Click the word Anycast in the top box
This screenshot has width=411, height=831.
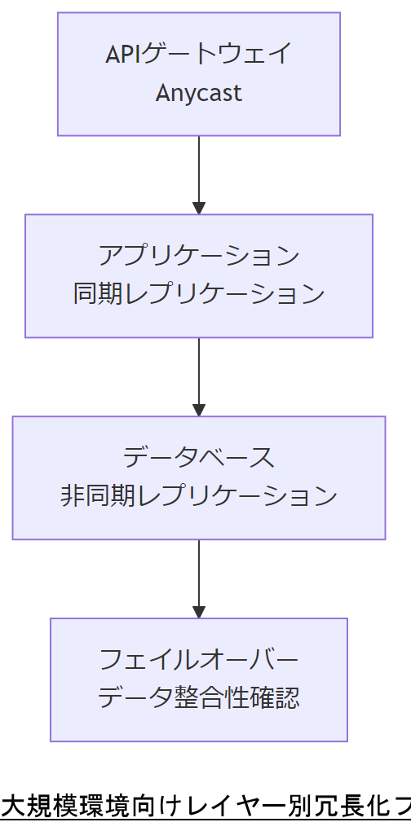click(199, 93)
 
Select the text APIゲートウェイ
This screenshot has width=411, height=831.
click(199, 55)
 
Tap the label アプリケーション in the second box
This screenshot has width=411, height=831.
click(199, 256)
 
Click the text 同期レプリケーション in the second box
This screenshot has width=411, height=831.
click(199, 294)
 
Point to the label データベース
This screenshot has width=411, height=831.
click(199, 458)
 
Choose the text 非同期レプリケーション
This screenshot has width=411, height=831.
click(199, 496)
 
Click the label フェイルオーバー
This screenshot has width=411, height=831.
click(199, 659)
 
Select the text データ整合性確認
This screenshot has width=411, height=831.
click(199, 697)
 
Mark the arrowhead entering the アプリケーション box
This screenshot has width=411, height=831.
click(199, 208)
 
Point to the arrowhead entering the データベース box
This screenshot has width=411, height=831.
click(199, 410)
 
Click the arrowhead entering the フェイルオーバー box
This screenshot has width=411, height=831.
click(199, 612)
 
